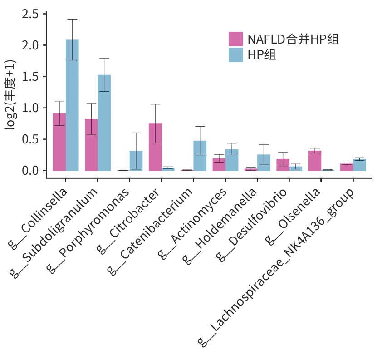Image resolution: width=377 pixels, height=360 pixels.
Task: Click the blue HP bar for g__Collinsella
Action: click(x=72, y=105)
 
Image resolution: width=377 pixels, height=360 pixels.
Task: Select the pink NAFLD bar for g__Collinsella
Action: click(x=59, y=142)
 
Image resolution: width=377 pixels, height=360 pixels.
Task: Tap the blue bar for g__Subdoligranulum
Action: click(x=104, y=123)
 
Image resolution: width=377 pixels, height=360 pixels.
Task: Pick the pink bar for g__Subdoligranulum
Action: click(x=91, y=145)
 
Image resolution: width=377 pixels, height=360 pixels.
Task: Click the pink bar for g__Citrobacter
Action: click(x=155, y=147)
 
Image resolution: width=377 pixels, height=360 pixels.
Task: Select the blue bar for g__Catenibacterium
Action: click(x=200, y=156)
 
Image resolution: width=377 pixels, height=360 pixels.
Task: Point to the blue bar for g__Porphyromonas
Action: click(x=136, y=161)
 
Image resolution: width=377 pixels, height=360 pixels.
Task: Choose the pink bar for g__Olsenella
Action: click(x=314, y=161)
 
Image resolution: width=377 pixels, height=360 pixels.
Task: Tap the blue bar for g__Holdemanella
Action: click(x=264, y=163)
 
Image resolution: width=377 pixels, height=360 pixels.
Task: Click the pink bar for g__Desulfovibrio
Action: click(x=283, y=165)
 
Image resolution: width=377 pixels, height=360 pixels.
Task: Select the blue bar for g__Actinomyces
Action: click(x=232, y=160)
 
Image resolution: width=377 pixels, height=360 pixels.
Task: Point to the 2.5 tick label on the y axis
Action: click(x=31, y=15)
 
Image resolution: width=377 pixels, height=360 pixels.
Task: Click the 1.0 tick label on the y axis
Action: click(x=31, y=108)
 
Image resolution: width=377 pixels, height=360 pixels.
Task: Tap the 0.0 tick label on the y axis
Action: click(x=31, y=171)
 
